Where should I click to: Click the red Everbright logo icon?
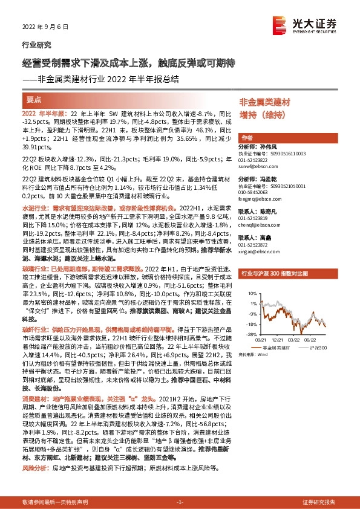pos(280,24)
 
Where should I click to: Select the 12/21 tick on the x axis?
pos(278,339)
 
